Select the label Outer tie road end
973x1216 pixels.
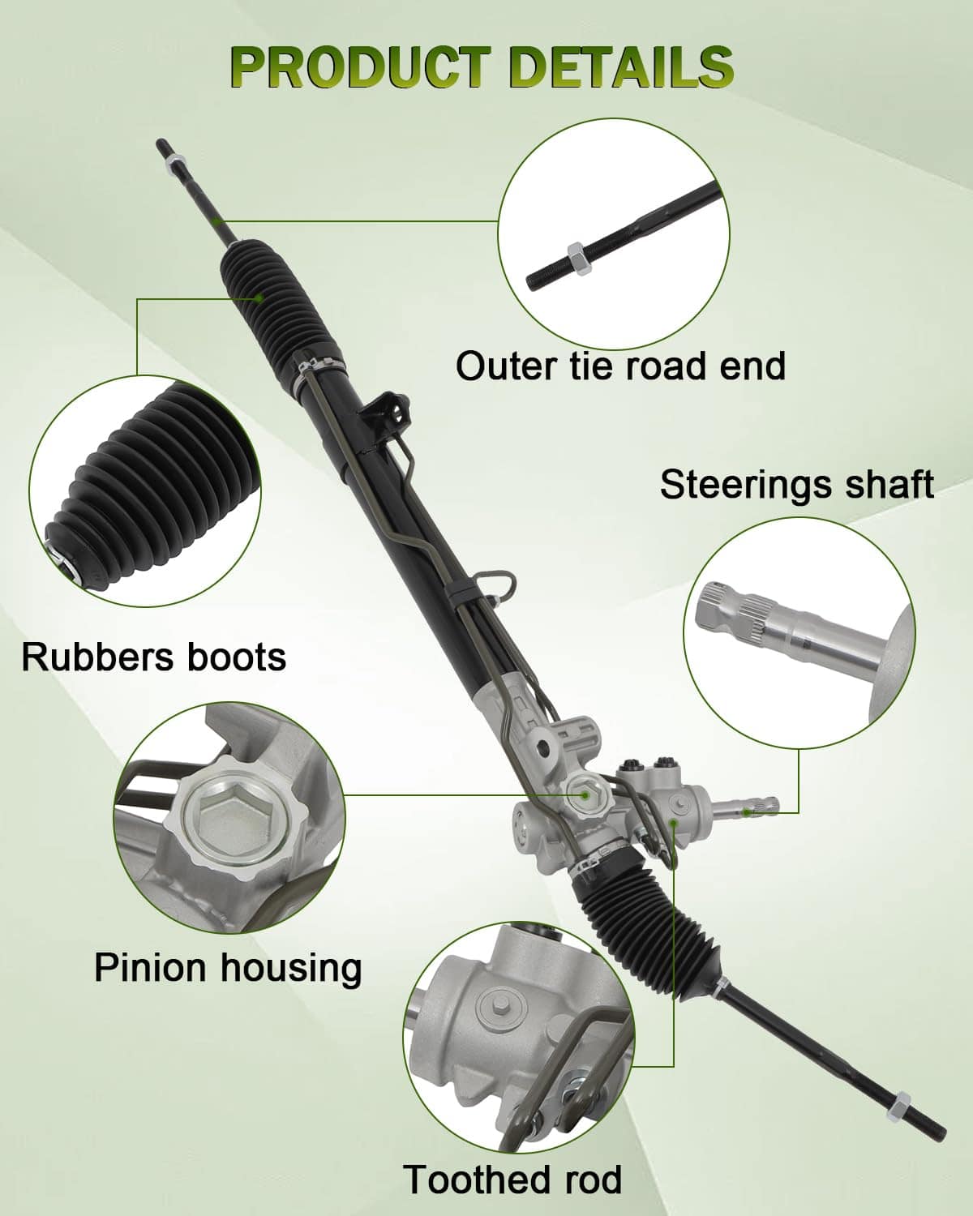621,366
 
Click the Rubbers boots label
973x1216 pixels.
154,657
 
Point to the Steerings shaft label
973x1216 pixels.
797,485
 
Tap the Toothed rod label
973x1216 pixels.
512,1179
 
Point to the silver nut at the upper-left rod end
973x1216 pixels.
173,161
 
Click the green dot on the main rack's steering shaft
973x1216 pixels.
747,812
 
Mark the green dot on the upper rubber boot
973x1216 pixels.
259,297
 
